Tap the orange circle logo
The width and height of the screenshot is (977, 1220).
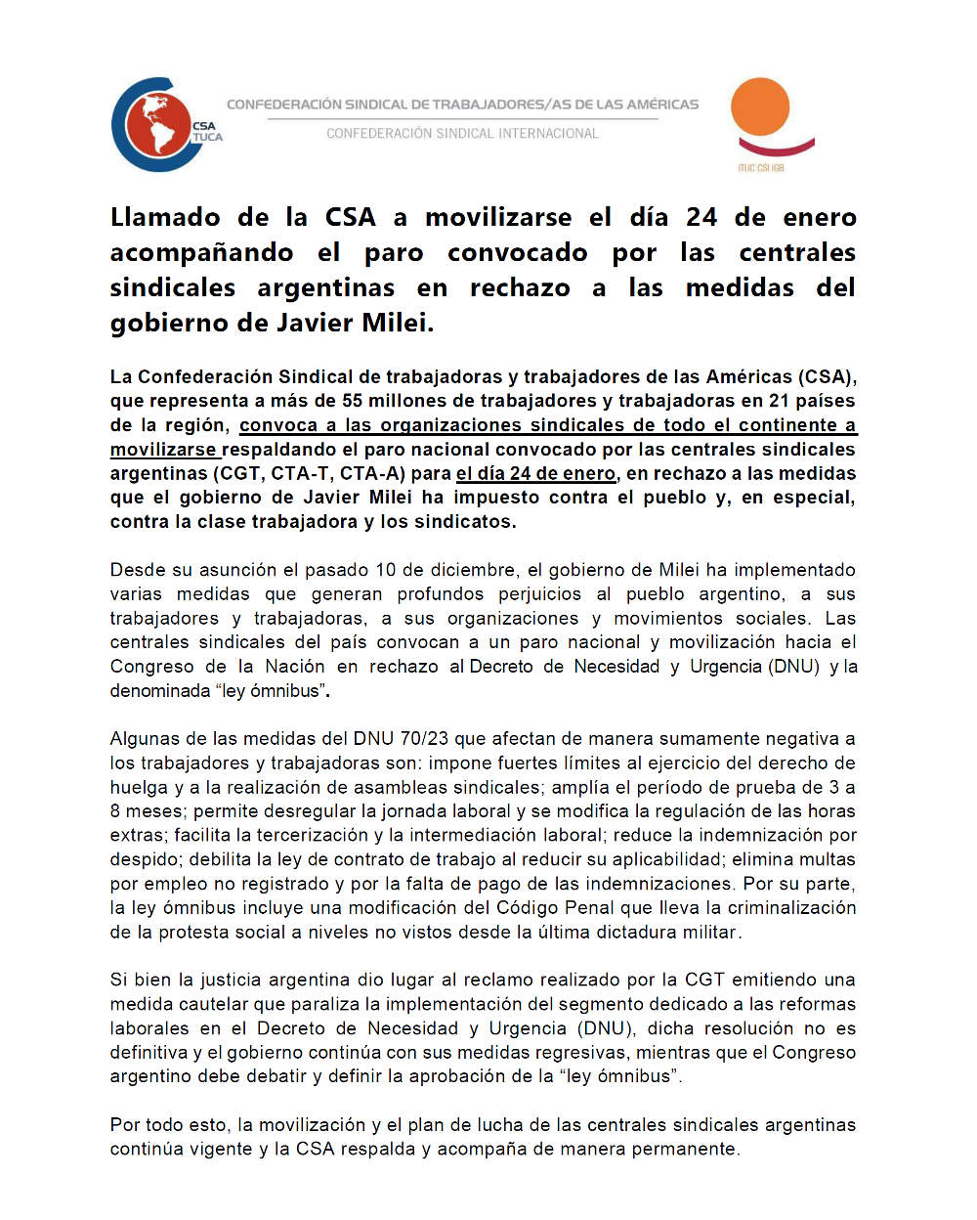760,107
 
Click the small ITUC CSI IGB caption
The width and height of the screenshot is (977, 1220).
761,168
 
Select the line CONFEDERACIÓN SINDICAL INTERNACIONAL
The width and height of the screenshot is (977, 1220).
463,134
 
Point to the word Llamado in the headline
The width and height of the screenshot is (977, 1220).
165,217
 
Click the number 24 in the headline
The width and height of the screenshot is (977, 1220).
701,217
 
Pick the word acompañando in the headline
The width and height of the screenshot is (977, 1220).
201,252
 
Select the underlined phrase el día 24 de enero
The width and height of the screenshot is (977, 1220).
536,473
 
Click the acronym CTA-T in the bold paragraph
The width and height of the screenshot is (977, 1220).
299,473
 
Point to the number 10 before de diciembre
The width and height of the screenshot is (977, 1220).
386,570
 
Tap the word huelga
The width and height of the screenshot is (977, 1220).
139,787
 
